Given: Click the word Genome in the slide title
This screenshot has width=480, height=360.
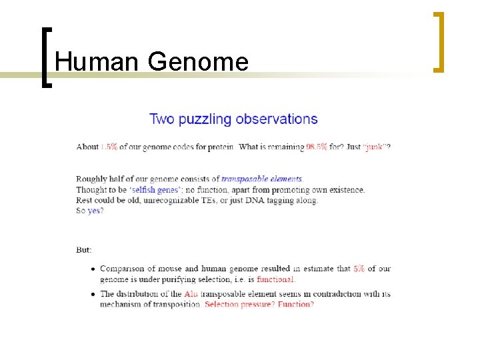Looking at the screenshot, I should click(198, 63).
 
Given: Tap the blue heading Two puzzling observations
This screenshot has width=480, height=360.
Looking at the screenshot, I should click(233, 119).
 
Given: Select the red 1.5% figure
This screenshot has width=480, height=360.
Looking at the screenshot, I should click(109, 147).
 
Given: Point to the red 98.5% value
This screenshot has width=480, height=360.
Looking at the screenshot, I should click(316, 147).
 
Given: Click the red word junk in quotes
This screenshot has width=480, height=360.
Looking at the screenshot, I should click(375, 147).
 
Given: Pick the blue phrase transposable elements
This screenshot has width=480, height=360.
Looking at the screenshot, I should click(261, 179).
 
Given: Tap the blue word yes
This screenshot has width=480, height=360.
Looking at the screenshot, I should click(95, 211).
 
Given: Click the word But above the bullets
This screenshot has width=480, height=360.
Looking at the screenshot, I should click(84, 250).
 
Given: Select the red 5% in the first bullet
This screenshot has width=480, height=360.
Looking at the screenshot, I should click(359, 269).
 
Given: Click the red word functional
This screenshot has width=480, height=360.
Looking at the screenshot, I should click(275, 279).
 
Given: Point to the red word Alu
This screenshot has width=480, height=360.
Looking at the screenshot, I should click(191, 293).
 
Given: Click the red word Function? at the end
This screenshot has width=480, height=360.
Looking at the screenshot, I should click(295, 304).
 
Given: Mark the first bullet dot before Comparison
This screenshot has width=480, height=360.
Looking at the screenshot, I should click(92, 269).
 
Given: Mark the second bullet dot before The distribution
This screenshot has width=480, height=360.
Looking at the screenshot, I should click(92, 294).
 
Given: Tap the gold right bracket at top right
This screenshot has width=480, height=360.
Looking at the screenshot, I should click(439, 41).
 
